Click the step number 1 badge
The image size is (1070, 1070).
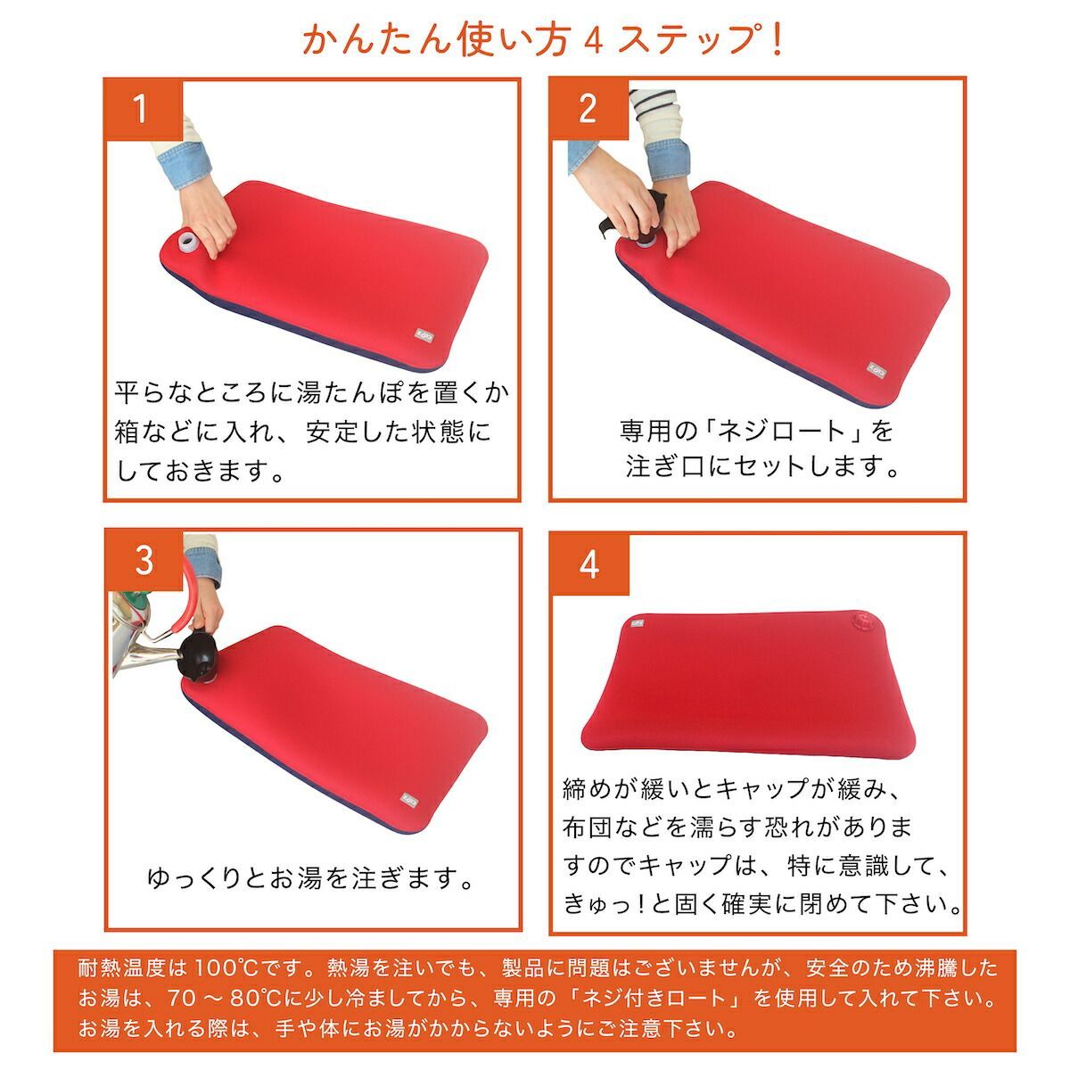pyautogui.click(x=143, y=110)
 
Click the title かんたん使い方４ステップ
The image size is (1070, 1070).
pyautogui.click(x=542, y=40)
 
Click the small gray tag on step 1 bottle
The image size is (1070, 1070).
pyautogui.click(x=423, y=335)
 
